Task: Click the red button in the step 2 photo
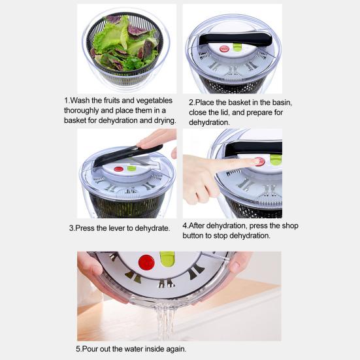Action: point(224,48)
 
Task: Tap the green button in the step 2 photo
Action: point(237,47)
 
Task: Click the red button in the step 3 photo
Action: point(118,169)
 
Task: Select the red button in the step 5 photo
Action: point(146,262)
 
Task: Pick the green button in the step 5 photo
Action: point(167,259)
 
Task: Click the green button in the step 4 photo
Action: point(276,159)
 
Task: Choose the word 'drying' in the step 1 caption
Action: point(163,120)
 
